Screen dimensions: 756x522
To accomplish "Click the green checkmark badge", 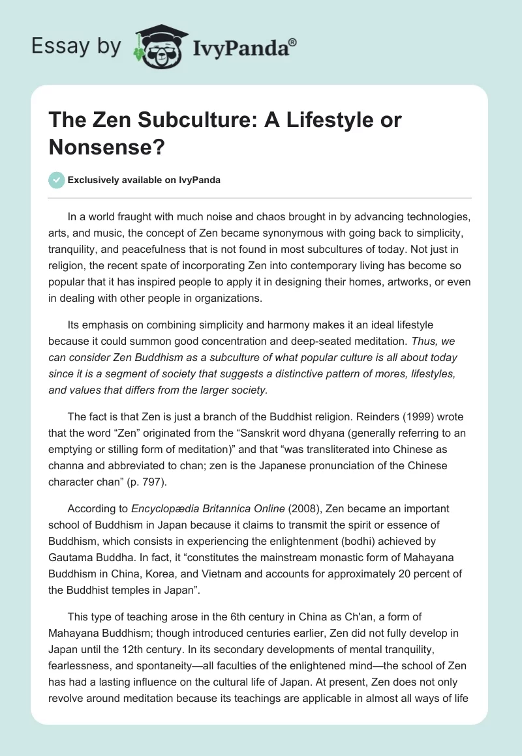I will point(57,180).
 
